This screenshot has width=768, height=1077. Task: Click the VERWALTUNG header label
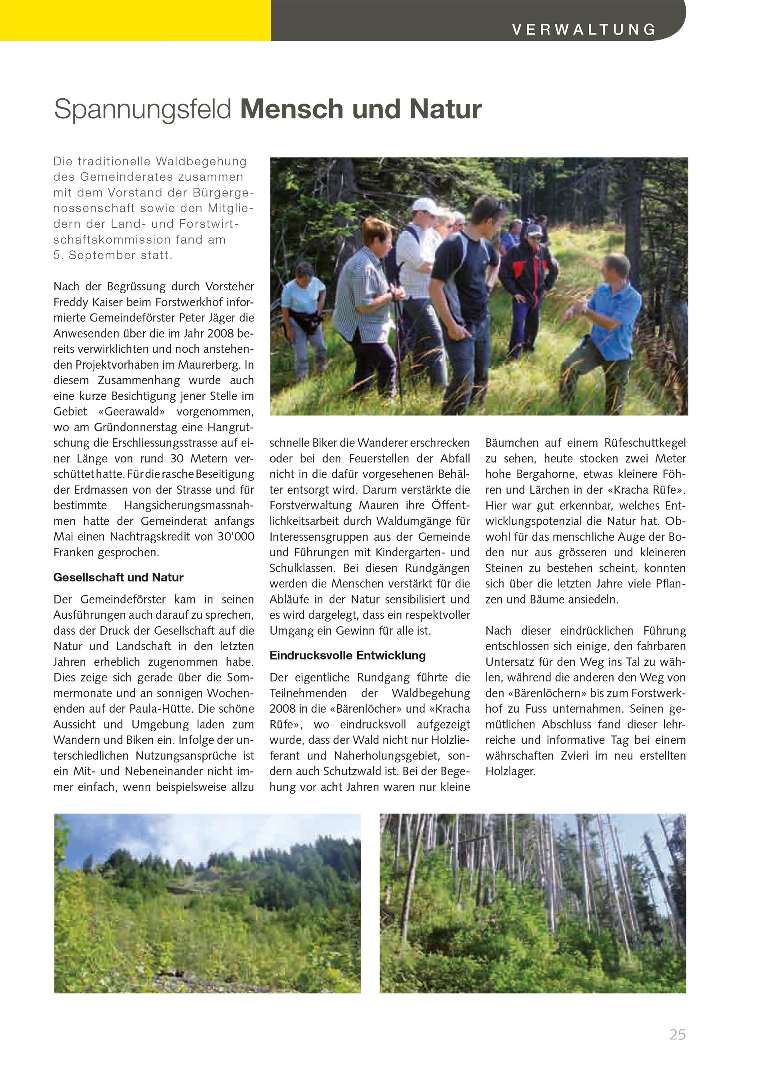coord(584,29)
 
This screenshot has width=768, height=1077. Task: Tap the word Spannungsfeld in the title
coord(142,109)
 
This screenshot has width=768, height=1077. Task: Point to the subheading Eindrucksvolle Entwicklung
coord(348,655)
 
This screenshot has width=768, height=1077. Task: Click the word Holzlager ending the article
coord(509,771)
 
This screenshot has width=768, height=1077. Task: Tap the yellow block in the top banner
coord(135,20)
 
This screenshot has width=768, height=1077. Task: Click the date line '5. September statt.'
coord(112,255)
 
